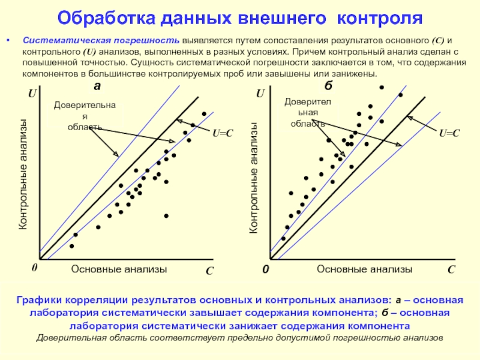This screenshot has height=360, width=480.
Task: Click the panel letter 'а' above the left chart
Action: pyautogui.click(x=97, y=87)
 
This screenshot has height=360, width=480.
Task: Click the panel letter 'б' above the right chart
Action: pyautogui.click(x=336, y=87)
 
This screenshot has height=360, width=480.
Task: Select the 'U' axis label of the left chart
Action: pyautogui.click(x=32, y=95)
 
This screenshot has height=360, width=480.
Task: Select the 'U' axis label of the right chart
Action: pyautogui.click(x=260, y=95)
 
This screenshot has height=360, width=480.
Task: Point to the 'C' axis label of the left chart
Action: pyautogui.click(x=209, y=271)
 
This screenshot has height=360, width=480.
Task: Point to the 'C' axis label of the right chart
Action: pyautogui.click(x=451, y=271)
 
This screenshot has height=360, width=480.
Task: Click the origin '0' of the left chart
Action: pyautogui.click(x=34, y=269)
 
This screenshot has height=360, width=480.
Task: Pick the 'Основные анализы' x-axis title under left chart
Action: pyautogui.click(x=119, y=269)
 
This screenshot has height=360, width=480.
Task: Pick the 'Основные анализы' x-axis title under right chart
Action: pyautogui.click(x=365, y=269)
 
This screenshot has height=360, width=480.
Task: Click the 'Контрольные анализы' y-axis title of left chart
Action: pyautogui.click(x=23, y=174)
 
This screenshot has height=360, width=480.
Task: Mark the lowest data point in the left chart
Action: pyautogui.click(x=72, y=246)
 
